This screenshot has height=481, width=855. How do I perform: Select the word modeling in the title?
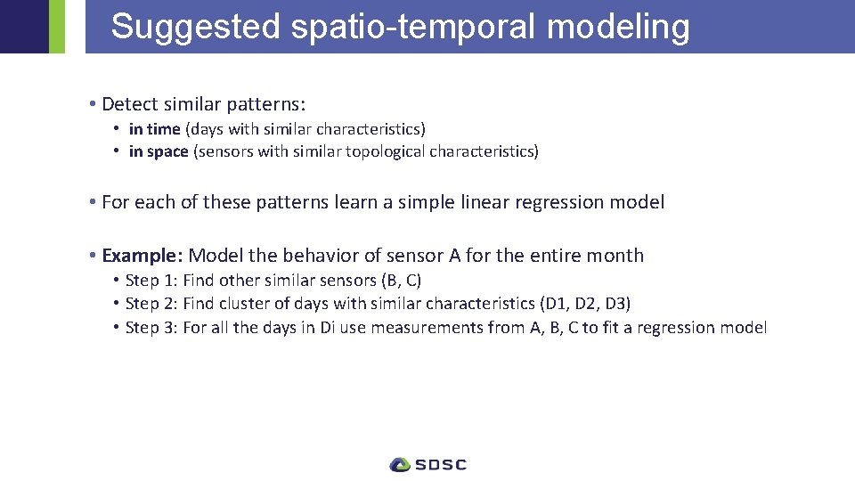[618, 27]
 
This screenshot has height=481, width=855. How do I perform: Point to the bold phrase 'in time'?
[154, 129]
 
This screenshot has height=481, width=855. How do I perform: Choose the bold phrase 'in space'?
[159, 151]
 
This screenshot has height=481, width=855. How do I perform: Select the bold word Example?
[142, 256]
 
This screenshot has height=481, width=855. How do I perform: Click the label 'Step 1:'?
[151, 281]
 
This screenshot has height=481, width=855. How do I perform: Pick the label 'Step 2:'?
[151, 304]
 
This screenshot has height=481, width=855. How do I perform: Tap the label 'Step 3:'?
[151, 328]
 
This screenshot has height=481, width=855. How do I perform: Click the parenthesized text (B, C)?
[401, 281]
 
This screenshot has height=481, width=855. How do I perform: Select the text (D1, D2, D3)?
[585, 304]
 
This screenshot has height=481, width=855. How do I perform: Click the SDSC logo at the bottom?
[427, 464]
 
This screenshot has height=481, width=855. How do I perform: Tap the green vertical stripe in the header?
[57, 27]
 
